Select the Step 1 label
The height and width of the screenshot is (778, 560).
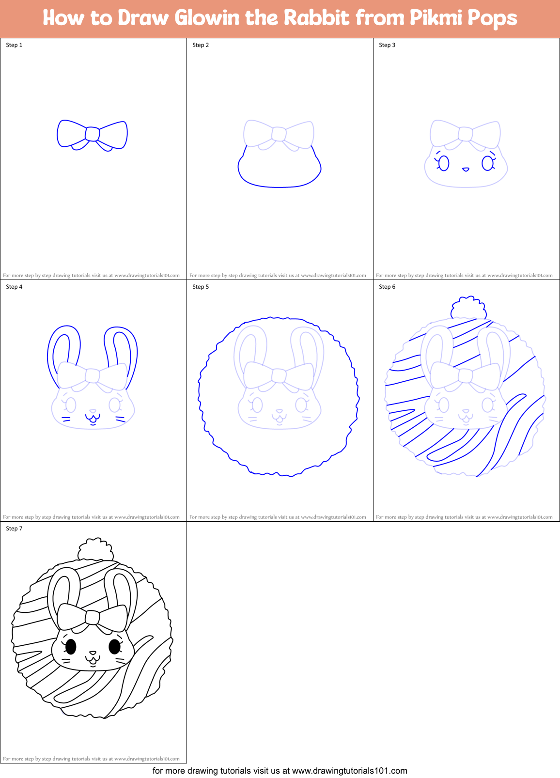(x=14, y=45)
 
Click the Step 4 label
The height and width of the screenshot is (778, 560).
(x=14, y=287)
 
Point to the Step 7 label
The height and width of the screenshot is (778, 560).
(x=14, y=529)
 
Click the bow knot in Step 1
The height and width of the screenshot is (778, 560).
(x=92, y=134)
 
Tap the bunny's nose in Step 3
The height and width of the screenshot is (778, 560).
(x=466, y=169)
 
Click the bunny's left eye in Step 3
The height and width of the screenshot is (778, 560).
(x=444, y=163)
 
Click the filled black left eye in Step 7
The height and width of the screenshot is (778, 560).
(x=71, y=646)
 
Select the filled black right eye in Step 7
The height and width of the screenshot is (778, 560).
(x=115, y=646)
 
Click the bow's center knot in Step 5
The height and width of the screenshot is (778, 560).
(x=279, y=376)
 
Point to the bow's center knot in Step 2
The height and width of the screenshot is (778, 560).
(x=279, y=134)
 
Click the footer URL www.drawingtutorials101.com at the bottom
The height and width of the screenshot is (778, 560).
(x=350, y=771)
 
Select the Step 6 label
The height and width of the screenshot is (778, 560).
(x=387, y=287)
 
